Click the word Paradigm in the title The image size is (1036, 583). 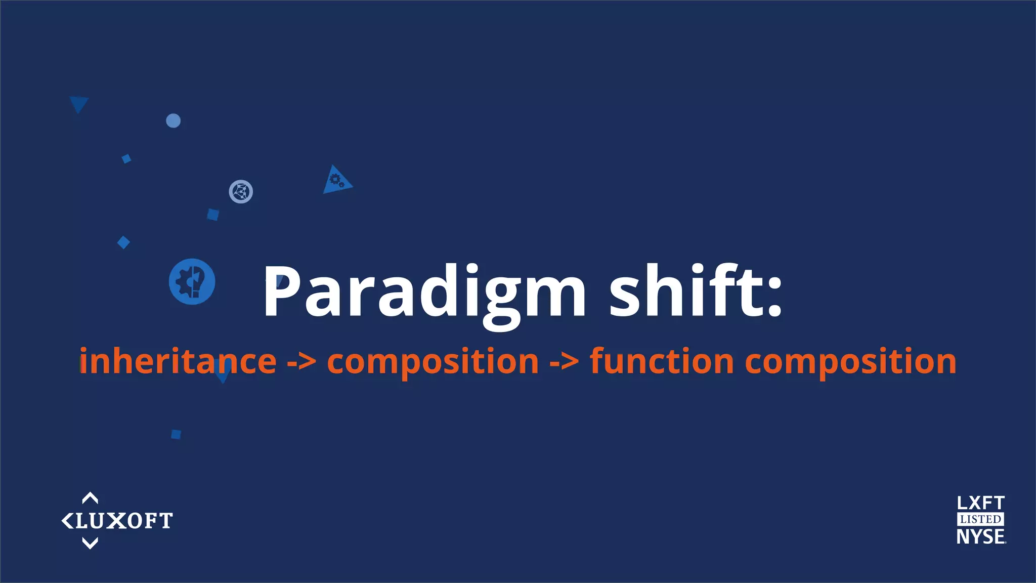pyautogui.click(x=424, y=293)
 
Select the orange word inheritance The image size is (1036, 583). pyautogui.click(x=178, y=362)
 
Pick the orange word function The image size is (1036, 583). pyautogui.click(x=662, y=362)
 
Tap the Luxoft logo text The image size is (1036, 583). pyautogui.click(x=124, y=521)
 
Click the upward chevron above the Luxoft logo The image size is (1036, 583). pyautogui.click(x=90, y=498)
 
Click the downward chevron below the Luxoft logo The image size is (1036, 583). pyautogui.click(x=90, y=544)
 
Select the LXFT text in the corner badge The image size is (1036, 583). pyautogui.click(x=980, y=503)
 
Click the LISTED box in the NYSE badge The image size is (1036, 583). pyautogui.click(x=980, y=519)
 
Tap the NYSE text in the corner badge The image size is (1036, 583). pyautogui.click(x=980, y=536)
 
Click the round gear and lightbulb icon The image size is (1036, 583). pyautogui.click(x=192, y=281)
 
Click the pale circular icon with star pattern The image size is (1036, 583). pyautogui.click(x=241, y=192)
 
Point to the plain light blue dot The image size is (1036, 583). pyautogui.click(x=174, y=121)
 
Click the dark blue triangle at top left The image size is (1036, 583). pyautogui.click(x=79, y=103)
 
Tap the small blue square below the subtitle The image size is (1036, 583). pyautogui.click(x=176, y=434)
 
